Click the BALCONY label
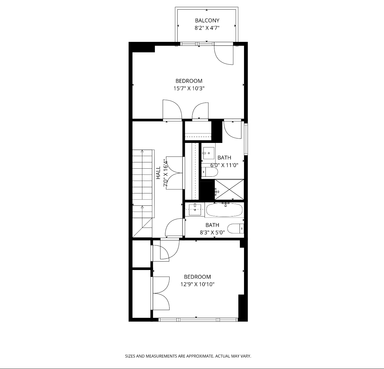207,20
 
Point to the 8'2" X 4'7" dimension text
207,28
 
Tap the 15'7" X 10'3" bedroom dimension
189,89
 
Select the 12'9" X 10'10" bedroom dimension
197,284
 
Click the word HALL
158,173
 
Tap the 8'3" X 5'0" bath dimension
212,232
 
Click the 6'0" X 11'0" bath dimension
224,165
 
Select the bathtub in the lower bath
224,210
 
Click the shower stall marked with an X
229,190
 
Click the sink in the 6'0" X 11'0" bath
208,153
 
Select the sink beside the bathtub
195,210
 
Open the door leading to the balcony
224,54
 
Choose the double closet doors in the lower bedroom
161,293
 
